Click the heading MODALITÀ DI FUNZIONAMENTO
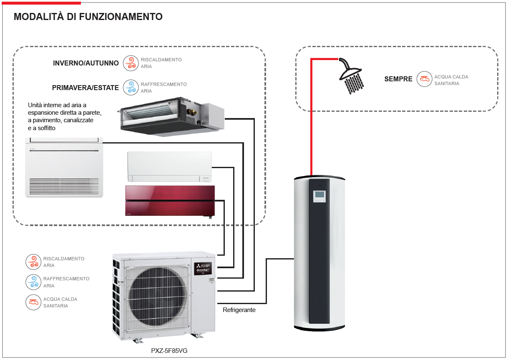[88, 17]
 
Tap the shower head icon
[351, 75]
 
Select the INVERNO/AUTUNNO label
[86, 63]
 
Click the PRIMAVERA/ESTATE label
[86, 88]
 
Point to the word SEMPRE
[398, 79]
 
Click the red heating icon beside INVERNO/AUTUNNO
[131, 63]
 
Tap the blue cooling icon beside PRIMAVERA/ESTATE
[131, 87]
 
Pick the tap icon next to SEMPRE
[424, 79]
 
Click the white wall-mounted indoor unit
[169, 166]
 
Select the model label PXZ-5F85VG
[169, 351]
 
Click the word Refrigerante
[239, 310]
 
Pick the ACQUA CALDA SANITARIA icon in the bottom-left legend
[33, 302]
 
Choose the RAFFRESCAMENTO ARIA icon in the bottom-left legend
[33, 282]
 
